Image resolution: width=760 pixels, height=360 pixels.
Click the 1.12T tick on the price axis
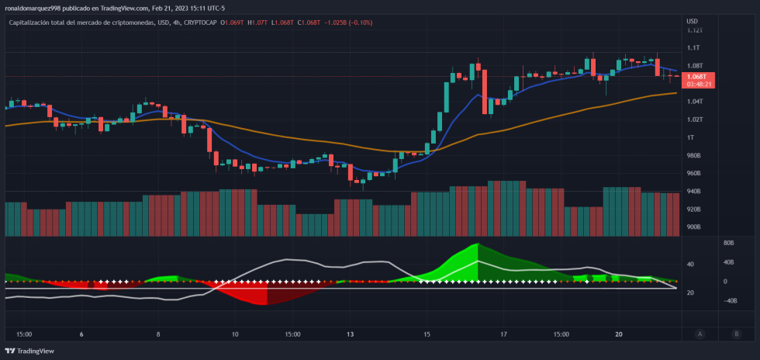tap(693, 30)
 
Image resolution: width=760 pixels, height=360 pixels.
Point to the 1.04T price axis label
tap(693, 102)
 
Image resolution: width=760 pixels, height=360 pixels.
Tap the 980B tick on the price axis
tap(693, 155)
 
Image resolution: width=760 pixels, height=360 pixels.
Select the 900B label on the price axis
tap(693, 227)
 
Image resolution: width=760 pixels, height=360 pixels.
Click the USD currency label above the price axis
tap(692, 21)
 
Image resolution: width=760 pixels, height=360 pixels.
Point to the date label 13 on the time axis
tap(351, 334)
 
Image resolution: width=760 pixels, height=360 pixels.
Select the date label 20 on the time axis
tap(618, 334)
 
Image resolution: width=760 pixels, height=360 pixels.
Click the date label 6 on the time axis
tap(81, 334)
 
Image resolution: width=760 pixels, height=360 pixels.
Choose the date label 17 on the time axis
tap(503, 334)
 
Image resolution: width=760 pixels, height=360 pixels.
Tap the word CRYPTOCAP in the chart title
tap(201, 22)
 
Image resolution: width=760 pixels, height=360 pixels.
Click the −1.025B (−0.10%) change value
tap(346, 22)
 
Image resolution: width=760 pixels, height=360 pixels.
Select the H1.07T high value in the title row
tap(257, 22)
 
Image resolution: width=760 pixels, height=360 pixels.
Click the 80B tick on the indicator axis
tap(729, 243)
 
